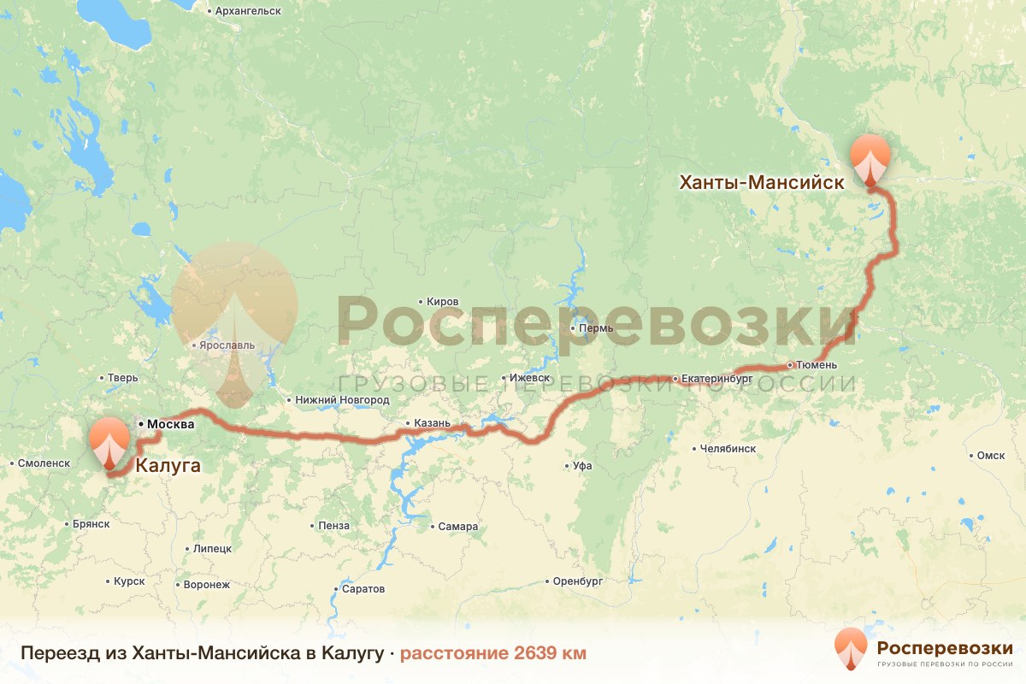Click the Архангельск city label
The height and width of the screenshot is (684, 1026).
pos(248,10)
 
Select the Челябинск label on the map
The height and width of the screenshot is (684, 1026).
pos(728,448)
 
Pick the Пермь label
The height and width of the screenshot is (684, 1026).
pos(596,328)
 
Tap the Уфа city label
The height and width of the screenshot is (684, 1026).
pos(583,466)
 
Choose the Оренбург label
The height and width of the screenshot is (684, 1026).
pos(579,581)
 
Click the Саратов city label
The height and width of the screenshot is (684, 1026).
pos(363,589)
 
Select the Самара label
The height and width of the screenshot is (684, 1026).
pos(457,527)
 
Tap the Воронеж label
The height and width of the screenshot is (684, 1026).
pos(207,586)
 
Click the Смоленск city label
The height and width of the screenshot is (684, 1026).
pos(44,463)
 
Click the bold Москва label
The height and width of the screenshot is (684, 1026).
pos(170,424)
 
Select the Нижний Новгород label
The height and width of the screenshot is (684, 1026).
pos(341,400)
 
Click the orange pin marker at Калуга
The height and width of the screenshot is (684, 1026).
pos(109,441)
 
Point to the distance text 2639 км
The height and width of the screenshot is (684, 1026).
pos(493,653)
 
